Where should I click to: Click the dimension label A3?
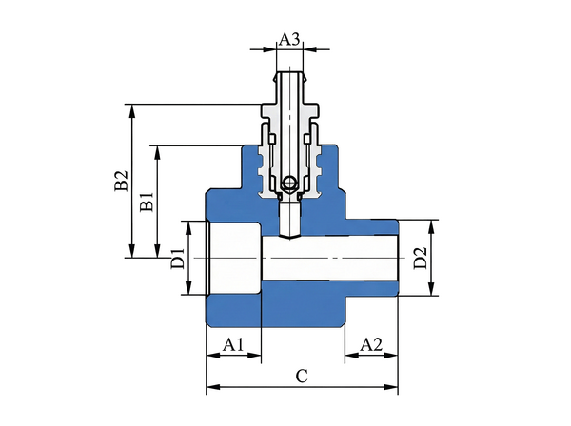[x=290, y=39]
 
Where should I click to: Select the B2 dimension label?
[x=120, y=182]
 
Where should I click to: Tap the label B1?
[x=146, y=202]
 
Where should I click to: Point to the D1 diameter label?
[x=177, y=259]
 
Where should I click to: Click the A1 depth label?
[x=233, y=344]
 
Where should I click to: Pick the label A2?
[x=371, y=344]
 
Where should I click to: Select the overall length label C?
[x=301, y=376]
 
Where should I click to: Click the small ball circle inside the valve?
[x=289, y=182]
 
